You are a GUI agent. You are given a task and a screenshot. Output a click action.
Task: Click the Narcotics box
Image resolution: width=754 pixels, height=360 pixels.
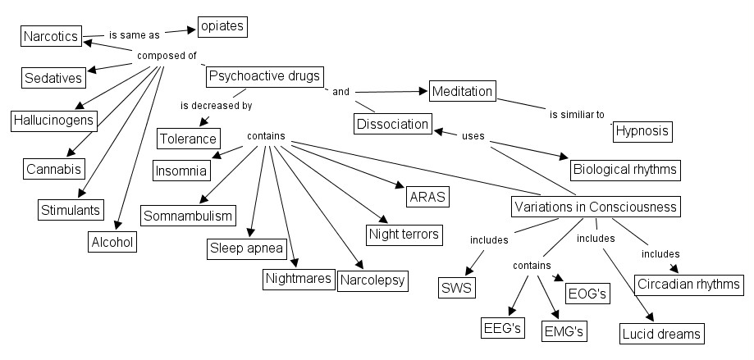click(x=51, y=36)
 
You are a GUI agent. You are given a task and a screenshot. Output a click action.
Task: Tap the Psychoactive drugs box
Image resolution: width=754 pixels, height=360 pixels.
click(x=263, y=76)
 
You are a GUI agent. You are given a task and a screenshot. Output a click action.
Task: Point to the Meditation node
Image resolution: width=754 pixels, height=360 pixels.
click(x=462, y=91)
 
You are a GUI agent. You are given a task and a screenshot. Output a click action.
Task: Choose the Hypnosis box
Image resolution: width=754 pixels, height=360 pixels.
click(x=642, y=130)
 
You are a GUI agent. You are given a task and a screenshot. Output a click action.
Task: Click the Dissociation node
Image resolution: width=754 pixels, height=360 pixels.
click(x=393, y=124)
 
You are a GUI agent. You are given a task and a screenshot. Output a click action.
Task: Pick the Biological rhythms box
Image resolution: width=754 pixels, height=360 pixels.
click(x=626, y=170)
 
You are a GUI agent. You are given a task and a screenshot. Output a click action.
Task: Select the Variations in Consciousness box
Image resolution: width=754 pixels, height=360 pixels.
click(x=596, y=207)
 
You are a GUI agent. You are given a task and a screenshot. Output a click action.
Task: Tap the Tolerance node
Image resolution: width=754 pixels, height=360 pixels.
click(x=189, y=138)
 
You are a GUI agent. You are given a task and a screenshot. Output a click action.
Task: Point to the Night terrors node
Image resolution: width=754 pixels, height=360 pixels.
click(x=404, y=234)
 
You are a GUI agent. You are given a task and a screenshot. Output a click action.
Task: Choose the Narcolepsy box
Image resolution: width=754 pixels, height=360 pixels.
click(x=372, y=280)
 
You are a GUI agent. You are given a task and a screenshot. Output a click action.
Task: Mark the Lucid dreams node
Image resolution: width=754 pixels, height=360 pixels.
click(x=661, y=333)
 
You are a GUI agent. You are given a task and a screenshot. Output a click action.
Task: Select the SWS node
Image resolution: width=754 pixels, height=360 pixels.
click(x=458, y=288)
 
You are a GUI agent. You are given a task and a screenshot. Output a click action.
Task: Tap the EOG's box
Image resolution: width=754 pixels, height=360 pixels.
click(x=587, y=293)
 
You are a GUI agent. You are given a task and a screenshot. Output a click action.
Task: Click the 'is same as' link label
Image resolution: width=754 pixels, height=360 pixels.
click(x=134, y=35)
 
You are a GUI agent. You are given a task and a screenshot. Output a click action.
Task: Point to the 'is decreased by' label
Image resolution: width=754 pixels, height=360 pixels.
click(x=216, y=106)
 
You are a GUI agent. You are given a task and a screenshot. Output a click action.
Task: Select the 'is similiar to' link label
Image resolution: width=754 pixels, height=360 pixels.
click(x=577, y=114)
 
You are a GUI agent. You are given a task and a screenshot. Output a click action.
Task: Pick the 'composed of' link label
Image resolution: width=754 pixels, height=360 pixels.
click(x=167, y=56)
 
